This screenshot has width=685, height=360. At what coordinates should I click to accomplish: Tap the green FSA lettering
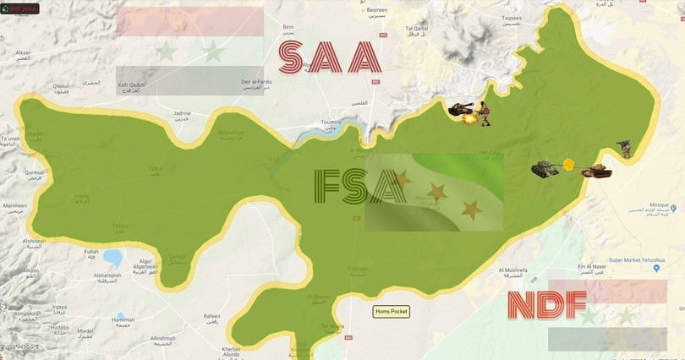click(359, 187)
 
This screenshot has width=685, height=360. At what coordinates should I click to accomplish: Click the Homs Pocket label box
click(392, 312)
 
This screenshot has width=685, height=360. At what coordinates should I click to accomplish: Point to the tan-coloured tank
click(597, 171)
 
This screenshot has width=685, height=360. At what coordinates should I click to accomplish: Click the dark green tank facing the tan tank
click(545, 169)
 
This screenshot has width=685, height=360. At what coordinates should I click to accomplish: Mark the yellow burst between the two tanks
click(569, 164)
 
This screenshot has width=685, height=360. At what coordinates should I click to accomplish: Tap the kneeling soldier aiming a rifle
click(624, 149)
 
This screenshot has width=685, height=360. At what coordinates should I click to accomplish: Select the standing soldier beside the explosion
click(485, 114)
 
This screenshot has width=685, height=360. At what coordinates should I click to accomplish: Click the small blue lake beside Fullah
click(112, 258)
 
